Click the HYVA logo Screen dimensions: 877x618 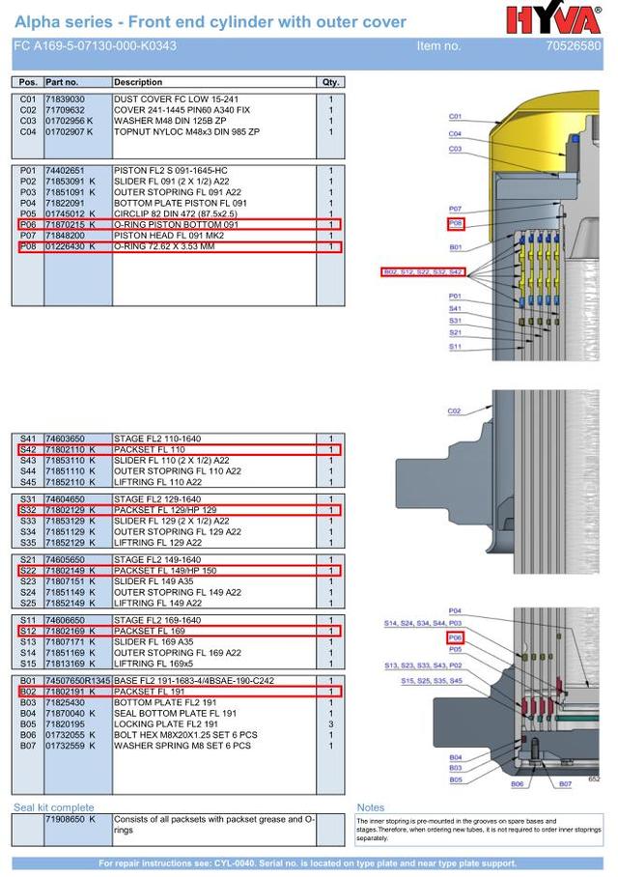(x=553, y=19)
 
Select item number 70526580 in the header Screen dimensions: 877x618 (x=573, y=45)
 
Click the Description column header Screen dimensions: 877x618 (x=138, y=82)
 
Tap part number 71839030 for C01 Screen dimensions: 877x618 (x=65, y=99)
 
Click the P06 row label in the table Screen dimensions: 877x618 (x=28, y=224)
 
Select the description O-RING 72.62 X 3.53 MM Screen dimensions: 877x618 (x=164, y=246)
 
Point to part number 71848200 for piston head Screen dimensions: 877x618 (x=65, y=236)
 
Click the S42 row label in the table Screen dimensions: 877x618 (x=28, y=450)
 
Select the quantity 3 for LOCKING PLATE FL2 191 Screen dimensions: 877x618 (x=330, y=723)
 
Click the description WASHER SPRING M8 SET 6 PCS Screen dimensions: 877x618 (x=183, y=746)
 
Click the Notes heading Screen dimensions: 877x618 (x=371, y=807)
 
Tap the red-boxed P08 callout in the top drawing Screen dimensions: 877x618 (x=456, y=224)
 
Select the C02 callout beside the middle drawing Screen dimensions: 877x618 (x=455, y=411)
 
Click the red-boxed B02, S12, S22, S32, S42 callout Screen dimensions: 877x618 (x=423, y=272)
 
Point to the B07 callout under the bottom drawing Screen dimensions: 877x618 (x=565, y=783)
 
